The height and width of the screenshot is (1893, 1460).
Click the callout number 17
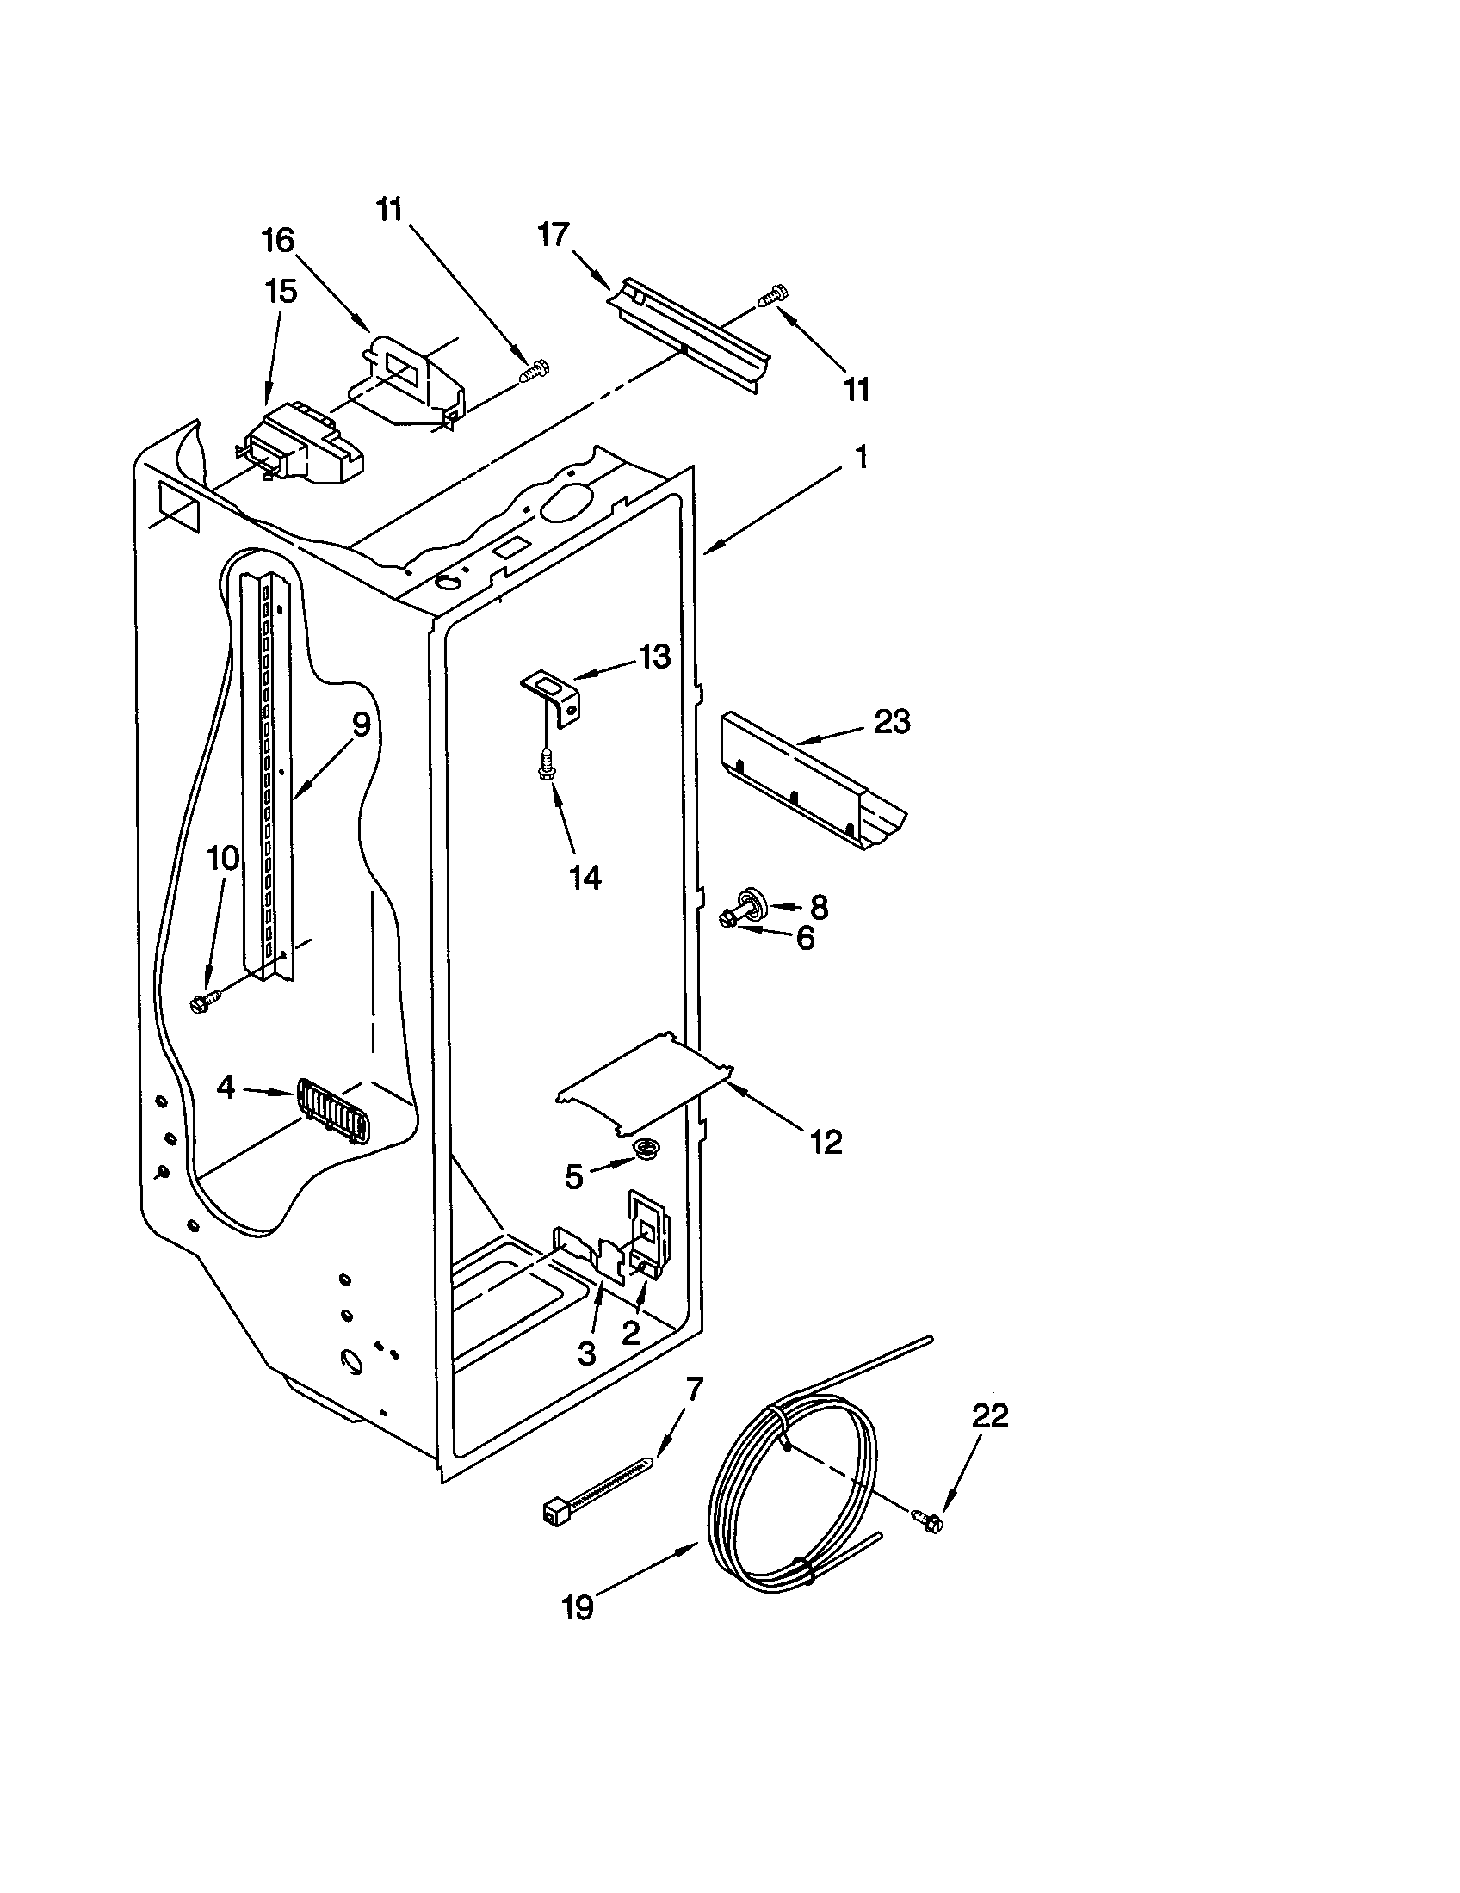click(x=554, y=235)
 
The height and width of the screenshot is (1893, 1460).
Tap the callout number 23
click(x=892, y=721)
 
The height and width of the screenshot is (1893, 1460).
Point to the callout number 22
click(x=990, y=1416)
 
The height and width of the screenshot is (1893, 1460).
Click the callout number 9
click(x=361, y=724)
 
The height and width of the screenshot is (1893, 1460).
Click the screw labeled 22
click(x=926, y=1519)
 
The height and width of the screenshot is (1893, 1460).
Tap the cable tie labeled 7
click(x=598, y=1488)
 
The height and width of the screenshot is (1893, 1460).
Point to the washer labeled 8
click(x=751, y=903)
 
